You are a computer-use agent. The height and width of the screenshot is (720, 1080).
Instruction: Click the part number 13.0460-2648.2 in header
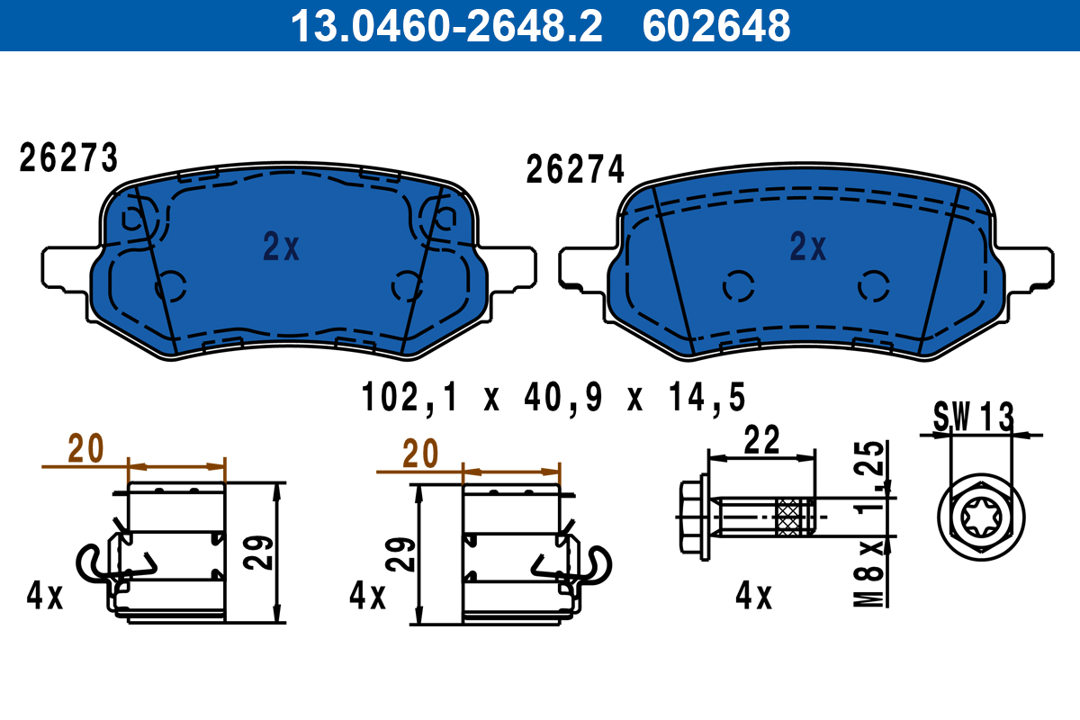pos(445,25)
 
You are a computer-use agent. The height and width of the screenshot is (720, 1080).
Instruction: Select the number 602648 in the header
pos(715,25)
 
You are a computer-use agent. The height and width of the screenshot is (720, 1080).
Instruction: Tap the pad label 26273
pos(68,159)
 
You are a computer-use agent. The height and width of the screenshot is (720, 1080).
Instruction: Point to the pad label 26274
pos(575,170)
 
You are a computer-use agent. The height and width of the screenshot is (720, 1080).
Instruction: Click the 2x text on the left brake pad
pos(281,247)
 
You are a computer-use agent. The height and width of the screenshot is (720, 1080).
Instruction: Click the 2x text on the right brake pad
pos(807,247)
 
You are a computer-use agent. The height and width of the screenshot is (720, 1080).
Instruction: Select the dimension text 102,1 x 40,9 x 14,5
pos(553,397)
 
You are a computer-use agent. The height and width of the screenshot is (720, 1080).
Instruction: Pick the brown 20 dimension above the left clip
pos(87,448)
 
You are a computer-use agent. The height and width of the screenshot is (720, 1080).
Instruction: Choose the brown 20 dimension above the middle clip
pos(419,454)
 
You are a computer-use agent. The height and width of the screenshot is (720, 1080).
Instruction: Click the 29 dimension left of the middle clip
pos(403,555)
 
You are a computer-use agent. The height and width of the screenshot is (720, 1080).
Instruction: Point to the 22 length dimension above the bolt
pos(761,441)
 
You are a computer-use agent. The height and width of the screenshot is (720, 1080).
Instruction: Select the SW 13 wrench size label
pos(973,417)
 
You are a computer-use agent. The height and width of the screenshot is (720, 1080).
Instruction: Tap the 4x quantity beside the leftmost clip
pos(44,596)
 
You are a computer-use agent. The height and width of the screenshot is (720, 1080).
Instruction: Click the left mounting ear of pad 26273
pos(63,268)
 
